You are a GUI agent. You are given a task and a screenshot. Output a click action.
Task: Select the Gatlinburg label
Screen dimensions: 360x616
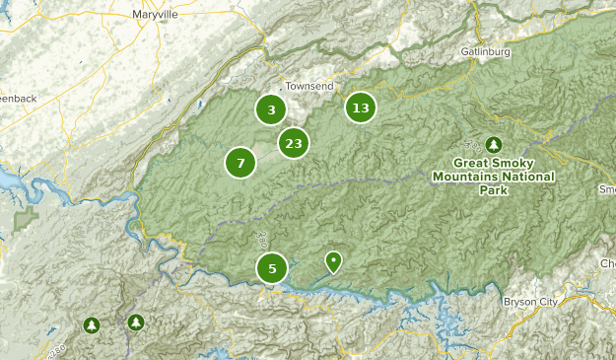click(485, 51)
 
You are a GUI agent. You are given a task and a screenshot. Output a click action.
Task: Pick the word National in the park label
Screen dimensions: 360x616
click(528, 177)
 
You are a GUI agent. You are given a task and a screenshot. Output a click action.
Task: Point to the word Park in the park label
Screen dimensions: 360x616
click(493, 190)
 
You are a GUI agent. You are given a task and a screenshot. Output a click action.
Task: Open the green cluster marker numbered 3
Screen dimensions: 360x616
click(271, 109)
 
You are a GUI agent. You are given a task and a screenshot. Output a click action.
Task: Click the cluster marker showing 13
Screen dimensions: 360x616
click(361, 108)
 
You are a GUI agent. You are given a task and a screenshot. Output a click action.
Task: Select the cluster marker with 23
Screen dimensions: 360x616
click(293, 144)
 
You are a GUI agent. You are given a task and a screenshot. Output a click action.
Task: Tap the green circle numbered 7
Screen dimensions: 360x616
click(240, 163)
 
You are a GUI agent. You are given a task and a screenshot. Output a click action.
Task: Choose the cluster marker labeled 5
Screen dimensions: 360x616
click(272, 267)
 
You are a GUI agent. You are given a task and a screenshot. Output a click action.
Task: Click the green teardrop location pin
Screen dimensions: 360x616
click(334, 261)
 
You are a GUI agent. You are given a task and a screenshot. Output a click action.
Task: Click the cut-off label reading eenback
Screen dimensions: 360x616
click(16, 99)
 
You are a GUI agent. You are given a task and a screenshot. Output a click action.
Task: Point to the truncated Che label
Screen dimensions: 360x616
click(606, 263)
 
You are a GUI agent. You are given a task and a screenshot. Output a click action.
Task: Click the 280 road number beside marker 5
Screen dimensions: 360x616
click(259, 237)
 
